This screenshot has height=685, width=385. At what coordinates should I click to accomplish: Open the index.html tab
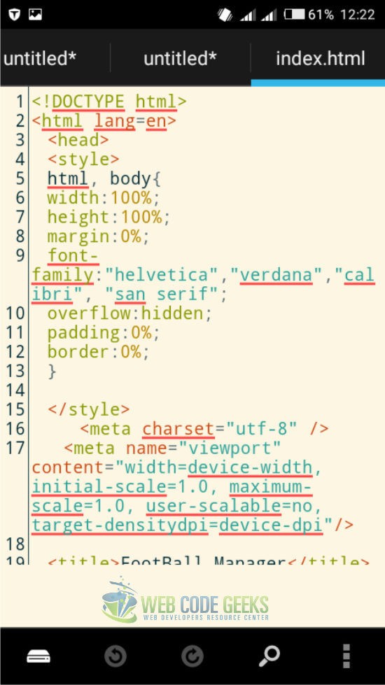(x=321, y=58)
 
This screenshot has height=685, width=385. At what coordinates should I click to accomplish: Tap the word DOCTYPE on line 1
(x=87, y=101)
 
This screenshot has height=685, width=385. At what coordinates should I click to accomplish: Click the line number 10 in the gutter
(x=15, y=313)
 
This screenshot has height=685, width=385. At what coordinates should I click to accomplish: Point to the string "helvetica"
(x=162, y=275)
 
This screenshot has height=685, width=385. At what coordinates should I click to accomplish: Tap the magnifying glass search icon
(x=269, y=656)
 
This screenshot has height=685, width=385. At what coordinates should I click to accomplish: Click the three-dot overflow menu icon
(x=346, y=656)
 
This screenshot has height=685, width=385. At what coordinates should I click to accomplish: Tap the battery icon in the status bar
(x=294, y=15)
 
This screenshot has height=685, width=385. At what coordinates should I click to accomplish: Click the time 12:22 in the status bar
(x=358, y=15)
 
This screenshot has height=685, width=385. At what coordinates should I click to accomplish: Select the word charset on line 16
(x=178, y=428)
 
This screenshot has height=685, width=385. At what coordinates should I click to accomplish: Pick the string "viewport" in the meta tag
(x=229, y=448)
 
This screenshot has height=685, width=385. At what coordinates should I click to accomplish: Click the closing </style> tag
(x=89, y=409)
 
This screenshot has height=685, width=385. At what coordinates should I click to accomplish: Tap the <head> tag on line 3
(x=78, y=140)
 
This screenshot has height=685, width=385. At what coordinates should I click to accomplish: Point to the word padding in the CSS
(x=83, y=332)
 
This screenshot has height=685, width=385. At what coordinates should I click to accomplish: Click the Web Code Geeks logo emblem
(x=120, y=600)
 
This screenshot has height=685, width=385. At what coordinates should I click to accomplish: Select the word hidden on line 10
(x=172, y=313)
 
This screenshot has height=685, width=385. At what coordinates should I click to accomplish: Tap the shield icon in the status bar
(x=14, y=15)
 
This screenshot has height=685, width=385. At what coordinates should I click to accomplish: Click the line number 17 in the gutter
(x=15, y=448)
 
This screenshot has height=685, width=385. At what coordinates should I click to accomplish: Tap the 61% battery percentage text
(x=321, y=15)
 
